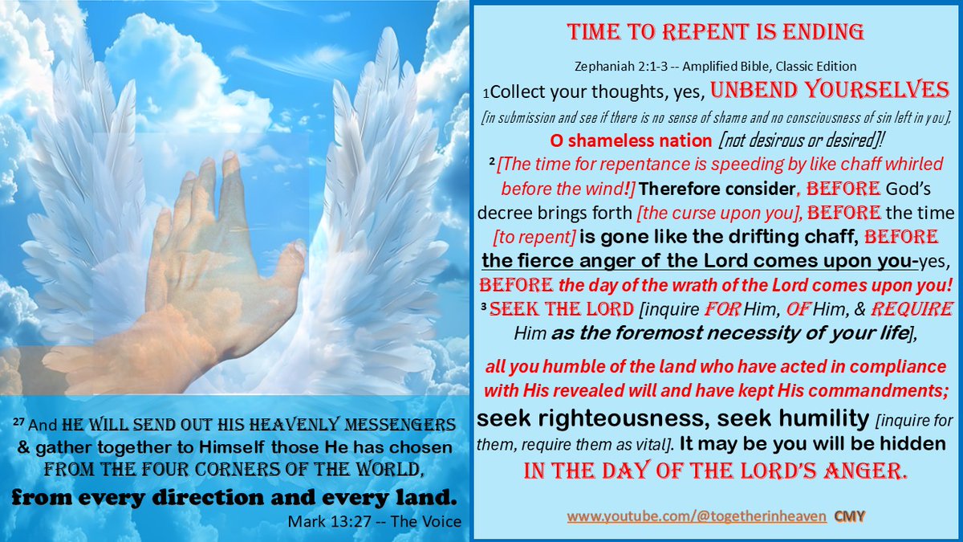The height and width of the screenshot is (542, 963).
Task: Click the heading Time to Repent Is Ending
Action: point(715,32)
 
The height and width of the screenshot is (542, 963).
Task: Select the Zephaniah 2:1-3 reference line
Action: point(715,65)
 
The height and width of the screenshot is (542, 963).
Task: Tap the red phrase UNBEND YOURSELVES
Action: point(830,89)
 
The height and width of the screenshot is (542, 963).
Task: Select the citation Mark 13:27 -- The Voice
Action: point(374,521)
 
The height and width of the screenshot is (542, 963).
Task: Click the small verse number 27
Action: point(19,422)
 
